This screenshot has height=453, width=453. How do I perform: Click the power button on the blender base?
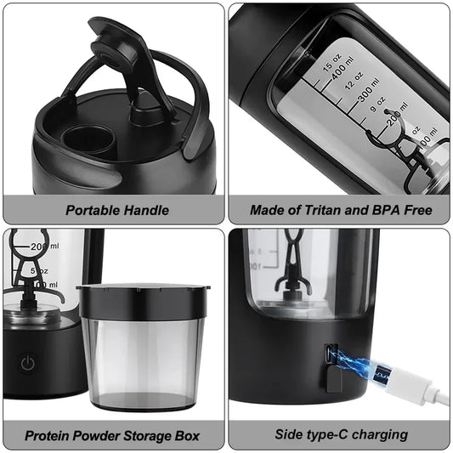tap(28, 363)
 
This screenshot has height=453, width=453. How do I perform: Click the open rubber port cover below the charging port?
tap(334, 382)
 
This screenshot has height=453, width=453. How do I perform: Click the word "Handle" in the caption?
tap(147, 210)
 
